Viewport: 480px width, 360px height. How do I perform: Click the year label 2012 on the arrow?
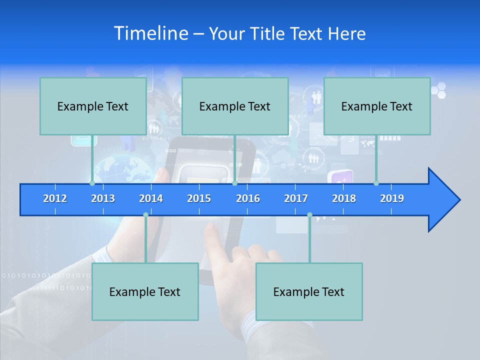tap(55, 198)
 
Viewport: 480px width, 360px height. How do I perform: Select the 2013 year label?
tap(103, 198)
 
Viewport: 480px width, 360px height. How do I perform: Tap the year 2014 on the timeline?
tap(151, 198)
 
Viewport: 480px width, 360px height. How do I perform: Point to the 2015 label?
tap(199, 198)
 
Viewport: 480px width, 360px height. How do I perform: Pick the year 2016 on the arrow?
tap(248, 198)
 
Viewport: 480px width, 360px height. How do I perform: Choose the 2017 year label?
tap(296, 198)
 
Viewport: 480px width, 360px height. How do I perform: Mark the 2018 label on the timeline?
tap(344, 198)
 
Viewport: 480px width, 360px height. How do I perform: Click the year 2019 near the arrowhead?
tap(392, 198)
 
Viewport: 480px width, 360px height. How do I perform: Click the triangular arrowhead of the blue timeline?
tap(442, 200)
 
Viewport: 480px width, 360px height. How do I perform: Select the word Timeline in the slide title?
tap(150, 33)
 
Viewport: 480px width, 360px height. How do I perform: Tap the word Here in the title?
tap(347, 33)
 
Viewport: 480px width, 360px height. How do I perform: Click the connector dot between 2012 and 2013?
tap(92, 183)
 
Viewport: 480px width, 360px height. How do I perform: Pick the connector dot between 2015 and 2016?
tap(234, 183)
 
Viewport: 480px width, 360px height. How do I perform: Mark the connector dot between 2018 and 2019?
tap(376, 183)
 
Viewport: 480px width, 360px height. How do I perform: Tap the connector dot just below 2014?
tap(145, 215)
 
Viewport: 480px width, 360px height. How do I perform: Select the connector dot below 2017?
tap(309, 215)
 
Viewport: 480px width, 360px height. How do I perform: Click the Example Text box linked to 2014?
tap(145, 291)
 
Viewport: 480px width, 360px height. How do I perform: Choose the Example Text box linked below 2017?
tap(309, 291)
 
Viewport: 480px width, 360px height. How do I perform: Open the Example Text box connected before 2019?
tap(377, 106)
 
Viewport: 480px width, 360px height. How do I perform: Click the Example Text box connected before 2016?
tap(235, 106)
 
